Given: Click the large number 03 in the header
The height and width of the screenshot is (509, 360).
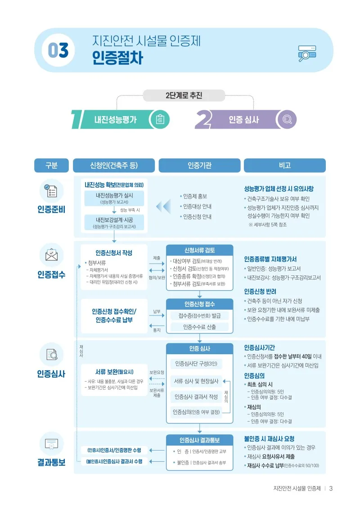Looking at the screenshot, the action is click(x=58, y=50).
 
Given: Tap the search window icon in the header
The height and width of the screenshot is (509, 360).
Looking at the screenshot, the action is click(x=307, y=54).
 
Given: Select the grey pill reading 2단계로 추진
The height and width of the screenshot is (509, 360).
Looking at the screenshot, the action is click(x=184, y=95).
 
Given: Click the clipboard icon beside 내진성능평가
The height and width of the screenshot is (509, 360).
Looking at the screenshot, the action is click(x=160, y=119).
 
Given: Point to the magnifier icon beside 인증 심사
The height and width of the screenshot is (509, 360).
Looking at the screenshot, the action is click(x=287, y=119).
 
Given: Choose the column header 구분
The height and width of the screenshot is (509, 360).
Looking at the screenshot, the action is click(x=51, y=166).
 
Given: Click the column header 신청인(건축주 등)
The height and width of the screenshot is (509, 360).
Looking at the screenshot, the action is click(x=114, y=166).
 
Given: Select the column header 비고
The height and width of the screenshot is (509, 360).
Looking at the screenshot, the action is click(x=285, y=166).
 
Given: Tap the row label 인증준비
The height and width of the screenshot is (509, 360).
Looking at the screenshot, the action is click(x=51, y=209).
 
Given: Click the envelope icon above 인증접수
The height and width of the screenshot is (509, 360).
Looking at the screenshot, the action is click(x=51, y=255).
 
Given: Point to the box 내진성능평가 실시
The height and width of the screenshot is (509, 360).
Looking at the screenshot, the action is click(x=114, y=198).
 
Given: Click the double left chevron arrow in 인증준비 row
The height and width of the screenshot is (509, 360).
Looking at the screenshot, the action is click(x=163, y=207).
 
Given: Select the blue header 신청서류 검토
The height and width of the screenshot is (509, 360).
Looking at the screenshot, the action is click(x=200, y=250).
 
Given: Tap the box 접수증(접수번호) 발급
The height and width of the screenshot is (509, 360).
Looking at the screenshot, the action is click(x=199, y=315).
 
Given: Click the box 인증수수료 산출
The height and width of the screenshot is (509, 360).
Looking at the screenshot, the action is click(x=199, y=327).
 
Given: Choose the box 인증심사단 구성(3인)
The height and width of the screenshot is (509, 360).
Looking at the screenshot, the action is click(x=196, y=364).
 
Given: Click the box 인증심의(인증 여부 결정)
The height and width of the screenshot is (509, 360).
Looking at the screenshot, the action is click(x=196, y=412).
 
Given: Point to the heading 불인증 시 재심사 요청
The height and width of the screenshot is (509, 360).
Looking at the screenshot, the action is click(x=269, y=439).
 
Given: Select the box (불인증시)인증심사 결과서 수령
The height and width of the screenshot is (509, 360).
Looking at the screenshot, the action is click(x=114, y=462).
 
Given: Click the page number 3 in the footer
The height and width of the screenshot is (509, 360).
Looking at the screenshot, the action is click(x=331, y=489).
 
